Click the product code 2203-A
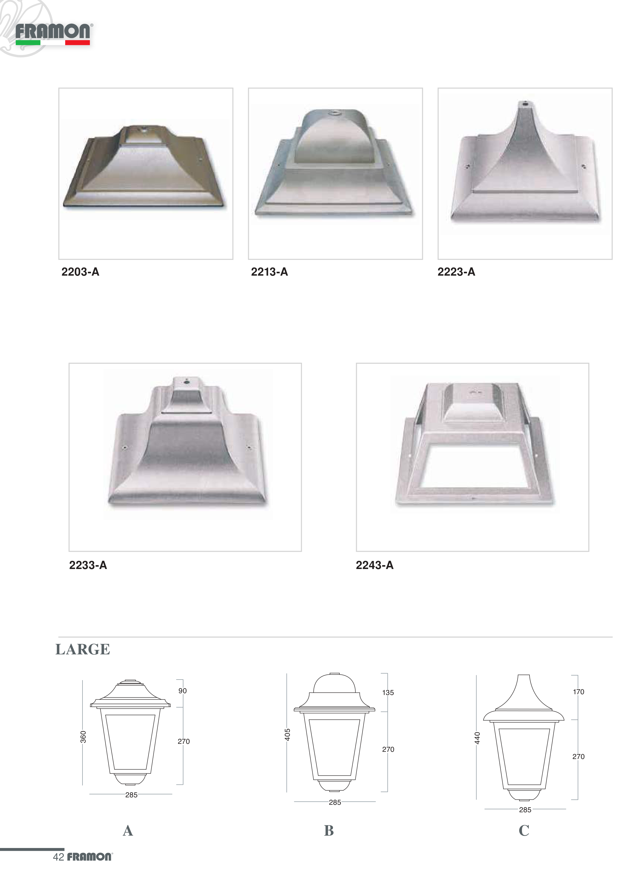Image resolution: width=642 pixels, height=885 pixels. [x=80, y=272]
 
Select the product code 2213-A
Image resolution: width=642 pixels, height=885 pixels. [x=269, y=272]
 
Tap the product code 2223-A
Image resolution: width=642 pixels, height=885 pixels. [x=456, y=272]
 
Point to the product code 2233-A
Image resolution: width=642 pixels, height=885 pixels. [x=88, y=565]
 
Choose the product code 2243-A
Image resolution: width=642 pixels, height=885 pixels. [x=375, y=565]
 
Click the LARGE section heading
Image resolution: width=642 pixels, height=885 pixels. [x=83, y=649]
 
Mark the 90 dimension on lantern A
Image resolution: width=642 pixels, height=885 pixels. [x=182, y=691]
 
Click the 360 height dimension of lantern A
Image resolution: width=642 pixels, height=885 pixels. [x=83, y=737]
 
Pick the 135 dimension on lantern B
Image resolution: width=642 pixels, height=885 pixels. [x=388, y=693]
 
